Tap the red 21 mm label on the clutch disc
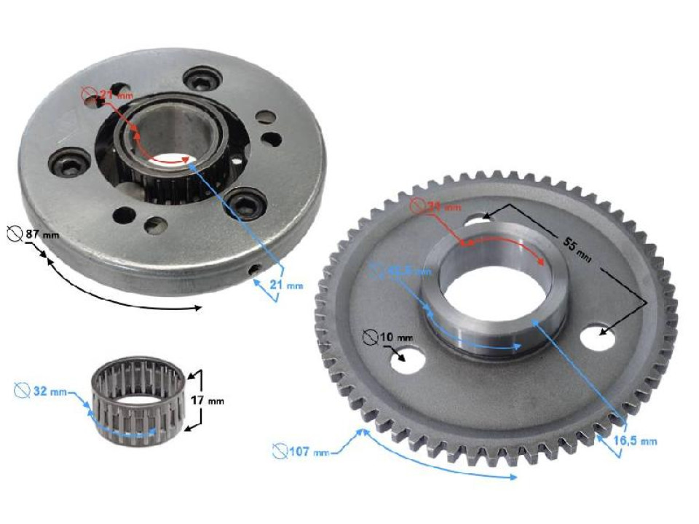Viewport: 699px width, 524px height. tap(106, 95)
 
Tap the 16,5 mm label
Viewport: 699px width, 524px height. tap(640, 440)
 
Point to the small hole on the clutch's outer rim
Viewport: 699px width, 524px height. tap(254, 270)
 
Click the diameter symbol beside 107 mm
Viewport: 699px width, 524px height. tap(280, 452)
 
